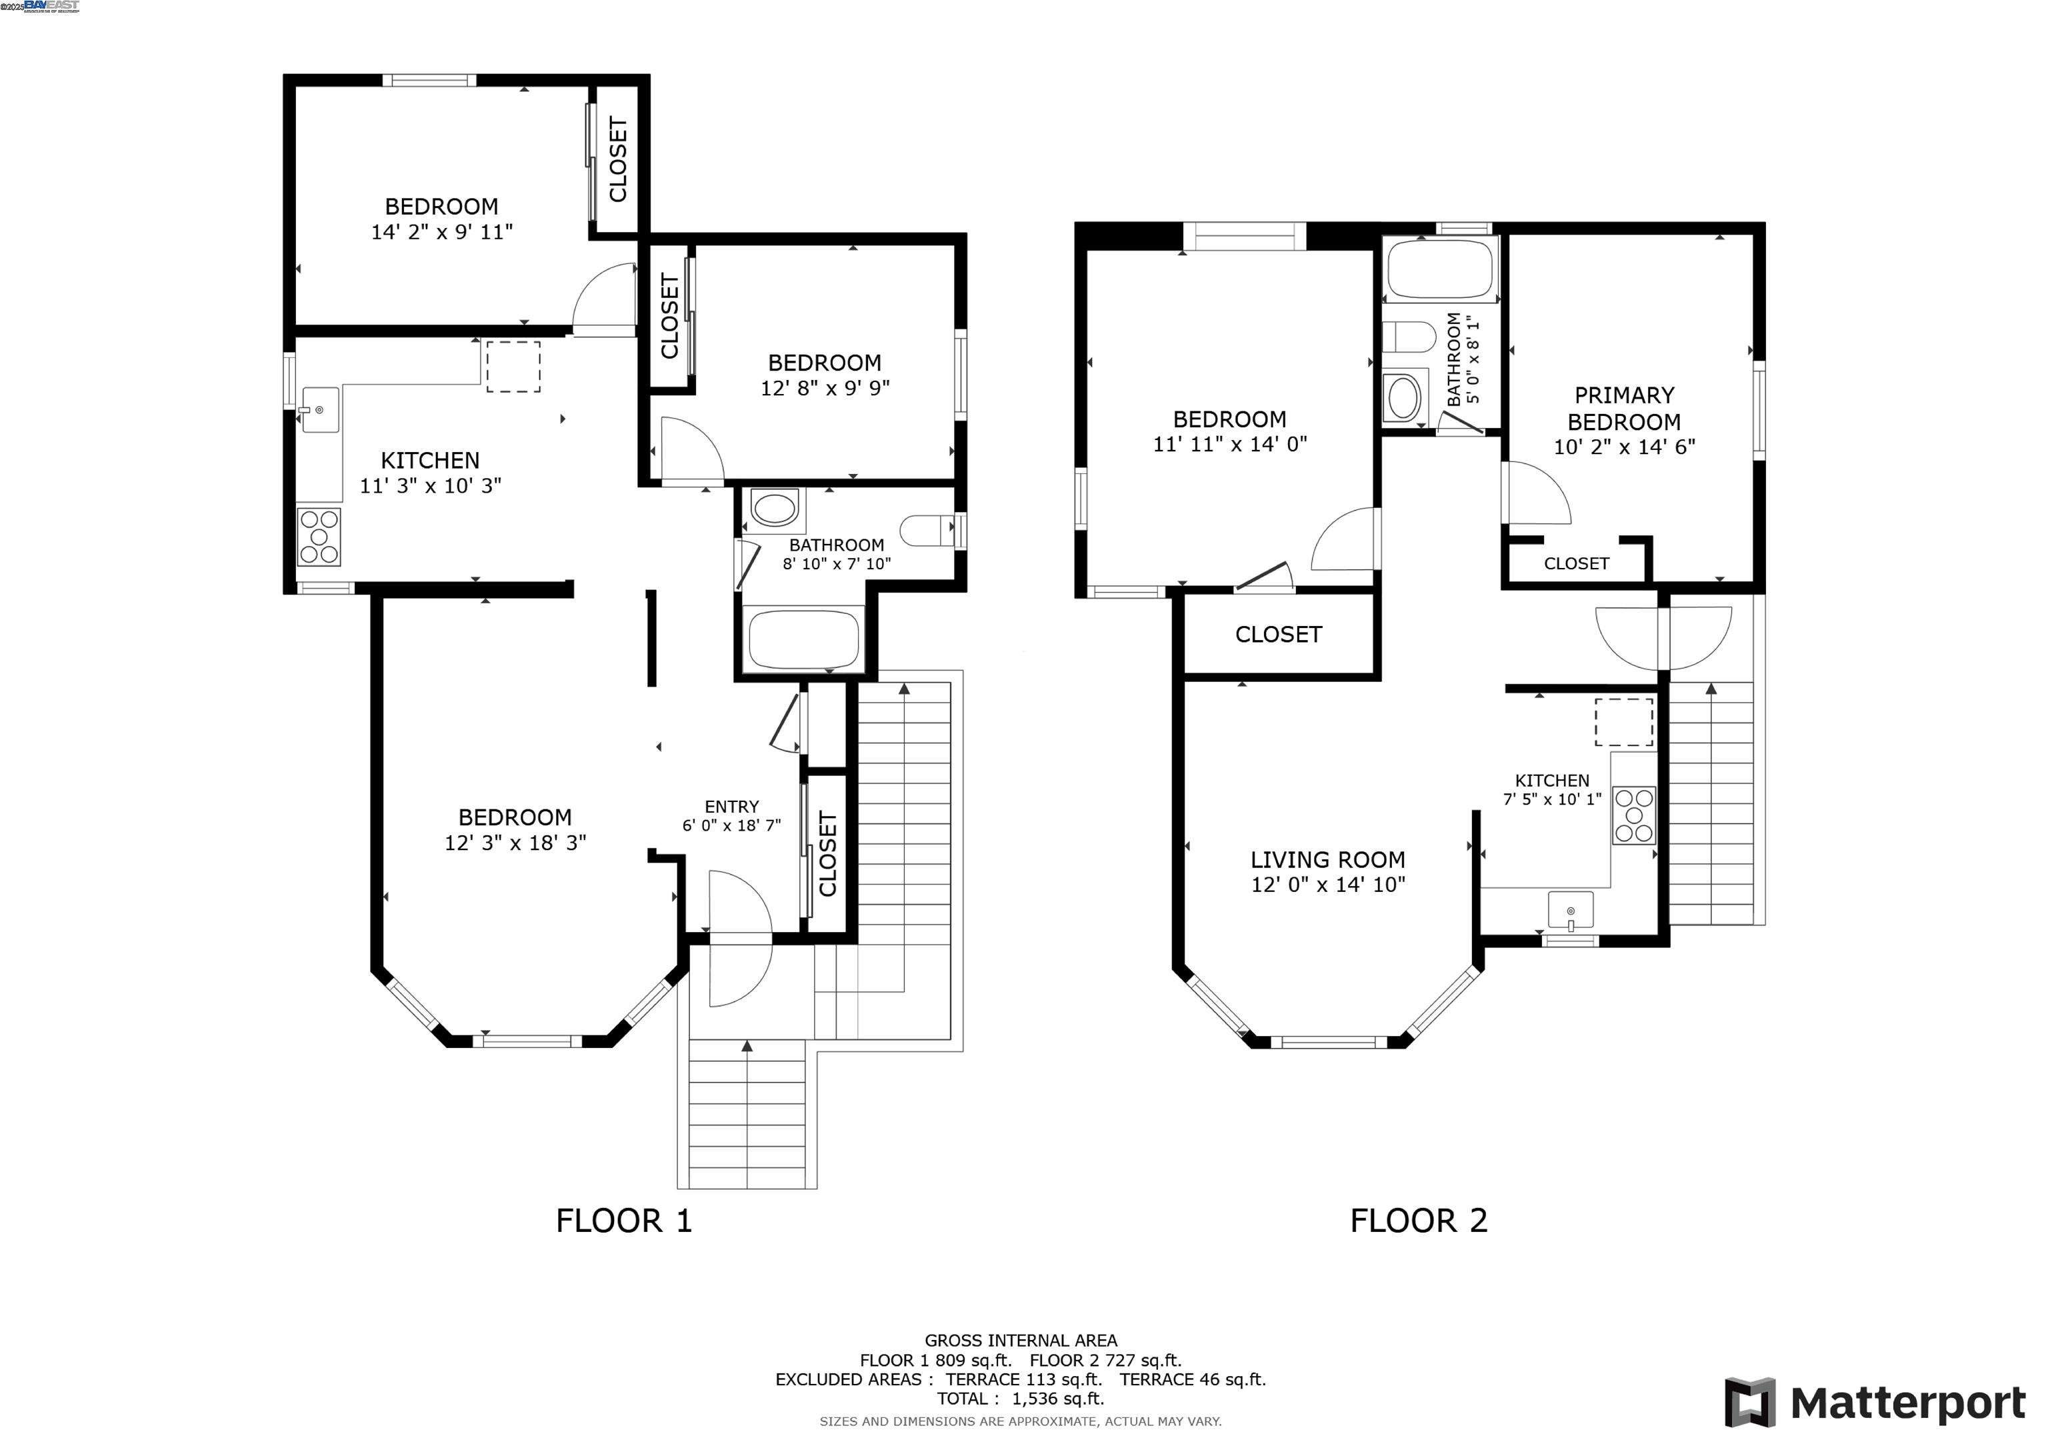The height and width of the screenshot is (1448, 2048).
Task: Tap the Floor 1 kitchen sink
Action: point(319,409)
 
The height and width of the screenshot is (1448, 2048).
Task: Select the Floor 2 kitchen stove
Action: point(1634,815)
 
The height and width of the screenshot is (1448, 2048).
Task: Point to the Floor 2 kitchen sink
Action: point(1570,911)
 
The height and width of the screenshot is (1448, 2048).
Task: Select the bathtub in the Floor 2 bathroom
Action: point(1439,269)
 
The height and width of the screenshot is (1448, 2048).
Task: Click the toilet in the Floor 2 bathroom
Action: point(1407,337)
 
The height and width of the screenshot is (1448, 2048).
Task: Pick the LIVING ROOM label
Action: point(1327,860)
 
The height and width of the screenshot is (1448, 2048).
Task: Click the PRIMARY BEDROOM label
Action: point(1623,409)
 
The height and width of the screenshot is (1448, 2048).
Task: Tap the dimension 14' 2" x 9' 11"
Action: point(441,232)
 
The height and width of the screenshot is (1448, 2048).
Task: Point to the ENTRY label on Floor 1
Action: point(731,807)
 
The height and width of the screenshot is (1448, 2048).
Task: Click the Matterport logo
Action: point(1874,1403)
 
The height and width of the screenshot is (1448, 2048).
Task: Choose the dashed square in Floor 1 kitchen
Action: point(513,367)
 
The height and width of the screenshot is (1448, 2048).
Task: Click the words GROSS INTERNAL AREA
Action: point(1021,1340)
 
